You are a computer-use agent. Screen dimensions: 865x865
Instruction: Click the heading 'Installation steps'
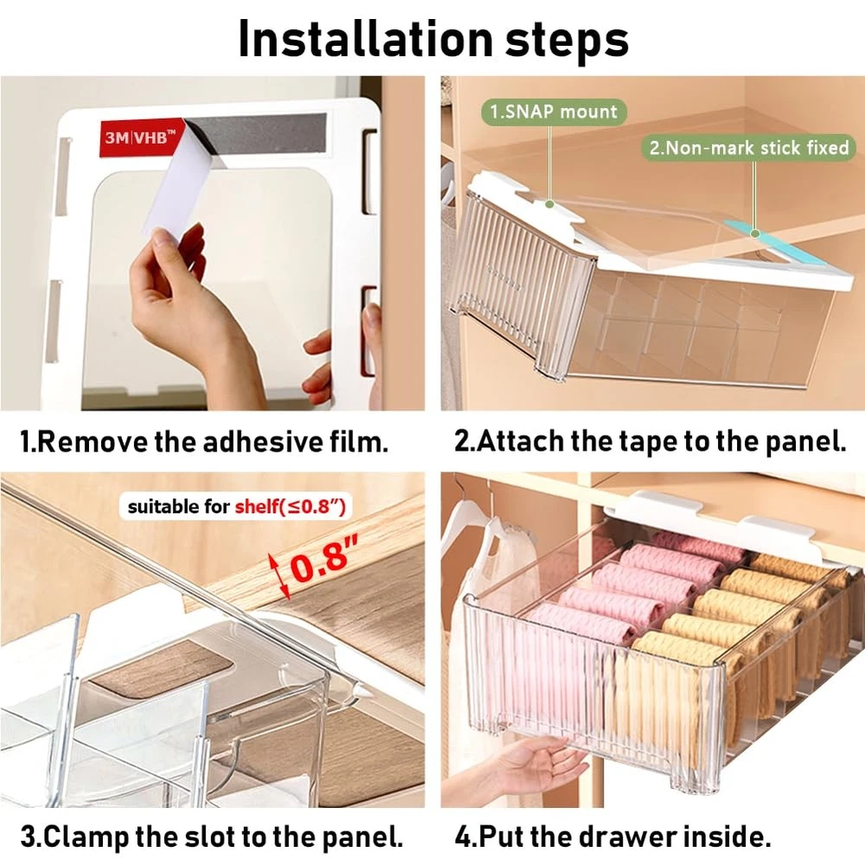tap(433, 39)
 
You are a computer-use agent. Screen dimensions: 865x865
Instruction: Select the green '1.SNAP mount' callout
tap(554, 112)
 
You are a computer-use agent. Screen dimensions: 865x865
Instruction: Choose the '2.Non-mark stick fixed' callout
tap(748, 147)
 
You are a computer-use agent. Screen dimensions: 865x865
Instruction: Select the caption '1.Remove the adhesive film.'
tap(204, 442)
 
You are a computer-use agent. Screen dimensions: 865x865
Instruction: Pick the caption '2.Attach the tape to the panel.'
tap(650, 441)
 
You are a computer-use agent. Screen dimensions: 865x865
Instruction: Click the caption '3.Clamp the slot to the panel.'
tap(211, 836)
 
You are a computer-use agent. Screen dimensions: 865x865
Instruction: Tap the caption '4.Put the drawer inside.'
tap(612, 836)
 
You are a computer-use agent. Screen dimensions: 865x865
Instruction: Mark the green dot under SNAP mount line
tap(549, 204)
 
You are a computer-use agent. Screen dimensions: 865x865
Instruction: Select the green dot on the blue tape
tap(755, 234)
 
